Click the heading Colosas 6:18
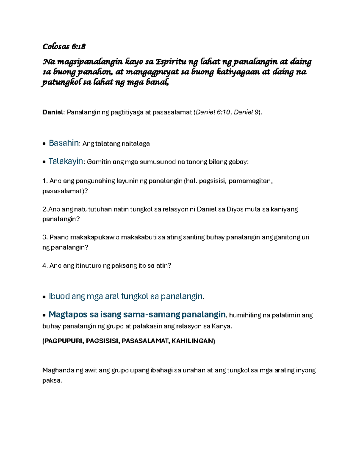64,47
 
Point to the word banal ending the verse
157,82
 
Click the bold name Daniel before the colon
53,113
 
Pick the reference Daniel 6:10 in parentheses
213,113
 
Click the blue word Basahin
64,143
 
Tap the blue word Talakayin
66,161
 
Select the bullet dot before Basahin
44,144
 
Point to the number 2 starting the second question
44,209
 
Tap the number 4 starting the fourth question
44,266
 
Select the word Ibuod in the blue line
59,296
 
